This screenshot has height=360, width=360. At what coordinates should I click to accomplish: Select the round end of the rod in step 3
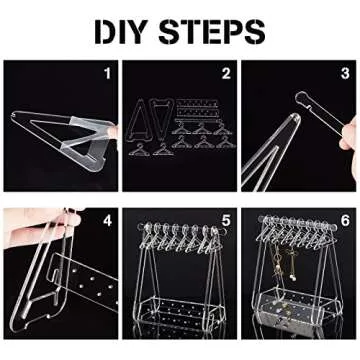coord(300,98)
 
